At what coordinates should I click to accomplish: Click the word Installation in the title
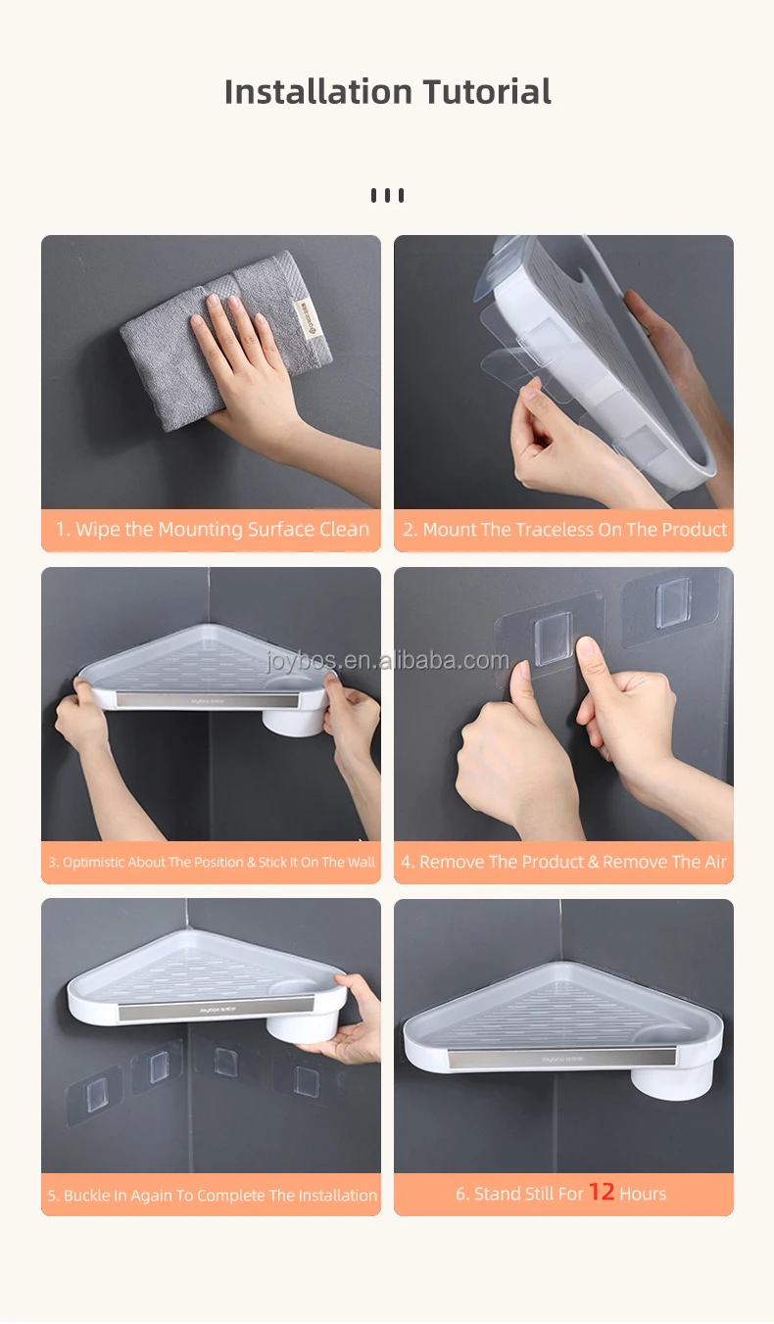[x=318, y=92]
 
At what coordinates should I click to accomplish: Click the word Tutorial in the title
[x=487, y=92]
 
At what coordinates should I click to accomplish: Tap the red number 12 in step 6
[x=602, y=1191]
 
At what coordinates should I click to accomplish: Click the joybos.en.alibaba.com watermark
[x=387, y=660]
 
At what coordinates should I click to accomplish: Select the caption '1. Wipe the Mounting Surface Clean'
[x=213, y=529]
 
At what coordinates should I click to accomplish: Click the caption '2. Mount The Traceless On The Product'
[x=564, y=529]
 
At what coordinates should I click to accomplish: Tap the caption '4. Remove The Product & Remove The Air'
[x=563, y=862]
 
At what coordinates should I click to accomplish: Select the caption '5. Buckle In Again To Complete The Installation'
[x=212, y=1195]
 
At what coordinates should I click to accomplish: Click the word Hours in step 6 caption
[x=643, y=1194]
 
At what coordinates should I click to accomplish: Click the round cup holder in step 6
[x=672, y=1071]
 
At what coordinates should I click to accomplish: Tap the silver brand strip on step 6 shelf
[x=561, y=1058]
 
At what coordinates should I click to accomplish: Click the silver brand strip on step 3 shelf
[x=208, y=700]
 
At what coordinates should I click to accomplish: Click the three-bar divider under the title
[x=387, y=195]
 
